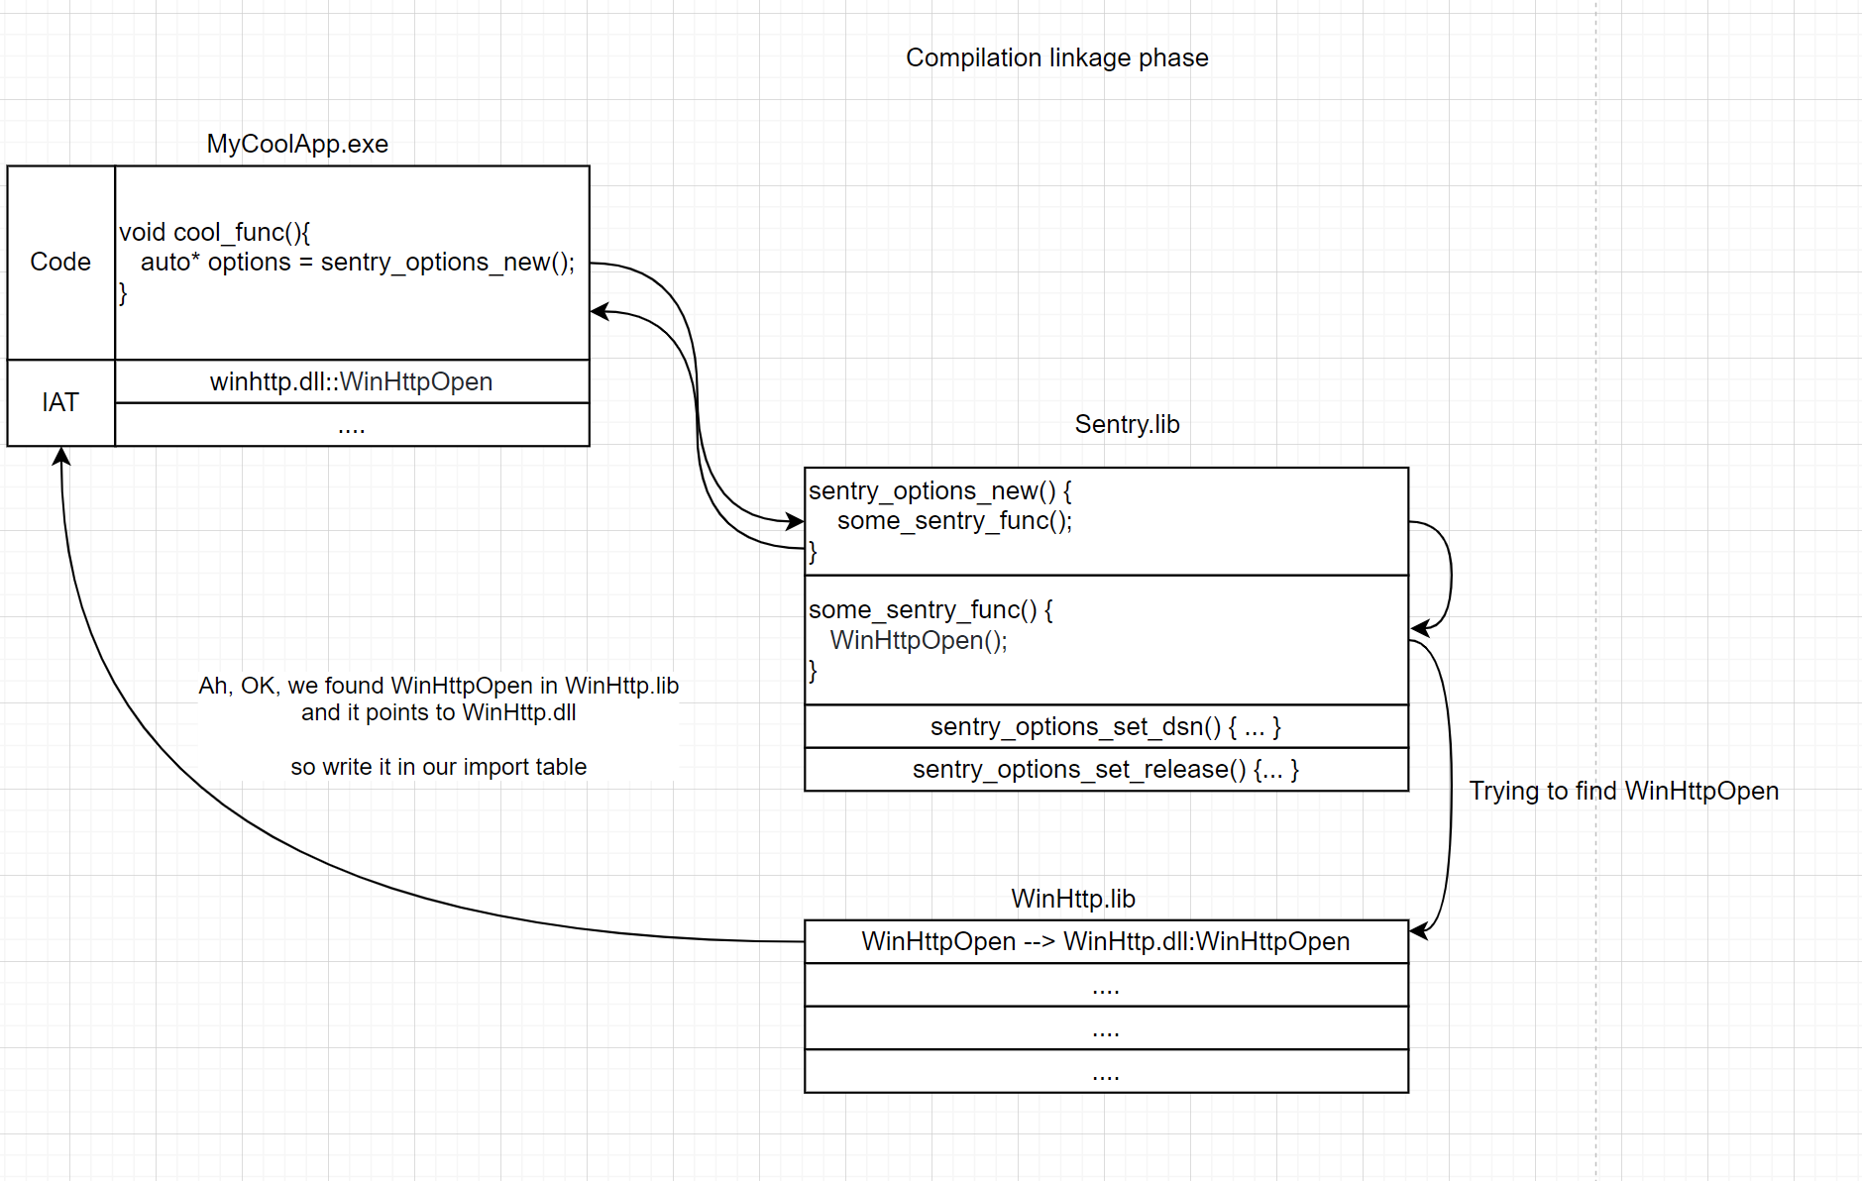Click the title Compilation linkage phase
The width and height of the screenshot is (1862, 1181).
tap(1056, 57)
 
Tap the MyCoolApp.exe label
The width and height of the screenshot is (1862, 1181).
tap(297, 144)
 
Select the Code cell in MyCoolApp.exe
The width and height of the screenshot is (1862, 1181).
tap(60, 262)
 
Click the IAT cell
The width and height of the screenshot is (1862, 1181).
tap(60, 402)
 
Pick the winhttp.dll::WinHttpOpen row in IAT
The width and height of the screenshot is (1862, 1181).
tap(351, 381)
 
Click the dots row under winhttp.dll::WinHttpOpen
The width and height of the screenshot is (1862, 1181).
tap(351, 426)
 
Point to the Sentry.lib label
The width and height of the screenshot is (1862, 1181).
tap(1127, 424)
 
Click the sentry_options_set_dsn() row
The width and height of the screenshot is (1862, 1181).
tap(1105, 726)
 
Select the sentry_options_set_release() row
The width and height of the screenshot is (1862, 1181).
tap(1105, 769)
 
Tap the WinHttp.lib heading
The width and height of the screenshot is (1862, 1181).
tap(1072, 899)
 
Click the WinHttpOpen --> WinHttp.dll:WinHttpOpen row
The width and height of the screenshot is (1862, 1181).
tap(1105, 941)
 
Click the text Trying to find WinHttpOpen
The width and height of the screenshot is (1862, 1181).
tap(1623, 791)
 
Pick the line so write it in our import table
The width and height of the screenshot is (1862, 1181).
tap(438, 767)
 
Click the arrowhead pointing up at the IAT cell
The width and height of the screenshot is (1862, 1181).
tap(61, 456)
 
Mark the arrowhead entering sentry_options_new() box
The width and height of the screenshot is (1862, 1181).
tap(795, 520)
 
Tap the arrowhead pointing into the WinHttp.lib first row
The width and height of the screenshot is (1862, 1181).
tap(1419, 930)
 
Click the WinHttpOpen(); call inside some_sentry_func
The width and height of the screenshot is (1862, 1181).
tap(919, 640)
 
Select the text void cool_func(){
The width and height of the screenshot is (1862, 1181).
tap(215, 232)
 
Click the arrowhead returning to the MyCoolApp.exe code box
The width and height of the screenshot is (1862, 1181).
tap(600, 311)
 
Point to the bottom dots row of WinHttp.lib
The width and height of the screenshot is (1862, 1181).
tap(1105, 1071)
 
